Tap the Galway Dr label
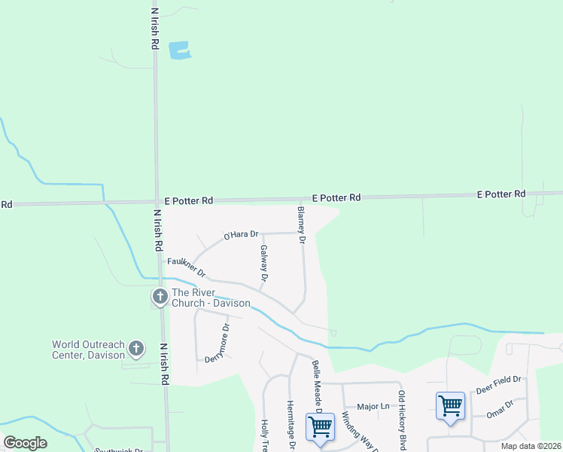pos(264,263)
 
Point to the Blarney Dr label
pos(301,225)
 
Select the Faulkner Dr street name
pos(186,265)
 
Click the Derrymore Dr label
pos(218,344)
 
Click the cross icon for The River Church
pos(160,297)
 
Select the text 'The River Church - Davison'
pos(211,298)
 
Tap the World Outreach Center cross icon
pos(135,348)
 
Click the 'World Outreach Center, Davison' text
pos(87,350)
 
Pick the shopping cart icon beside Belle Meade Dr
pos(320,426)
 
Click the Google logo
pos(26,443)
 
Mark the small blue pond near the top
pos(180,50)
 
